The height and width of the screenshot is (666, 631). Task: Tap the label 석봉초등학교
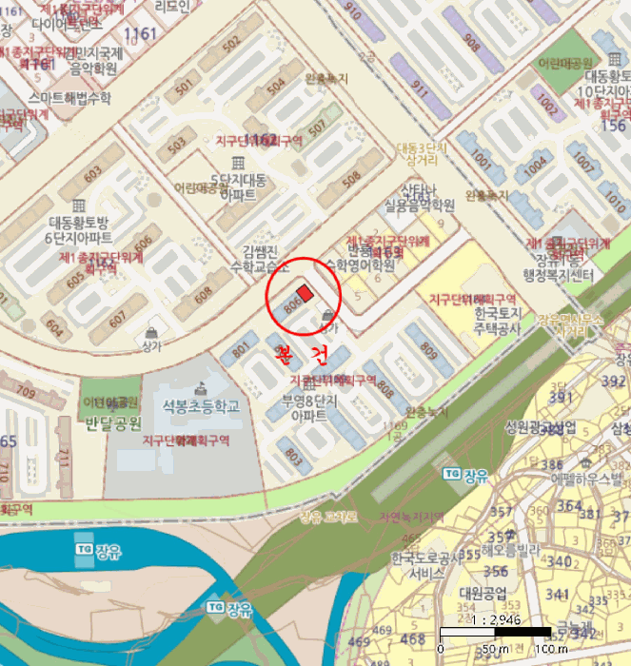(x=200, y=405)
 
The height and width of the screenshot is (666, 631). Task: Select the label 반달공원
(x=112, y=422)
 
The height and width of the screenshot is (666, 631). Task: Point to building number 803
(x=292, y=455)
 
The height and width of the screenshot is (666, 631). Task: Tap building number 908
(x=472, y=41)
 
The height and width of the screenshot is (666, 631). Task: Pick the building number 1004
(x=537, y=164)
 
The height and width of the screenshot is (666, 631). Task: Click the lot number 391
(x=561, y=396)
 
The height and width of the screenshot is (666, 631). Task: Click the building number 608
(x=203, y=296)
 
